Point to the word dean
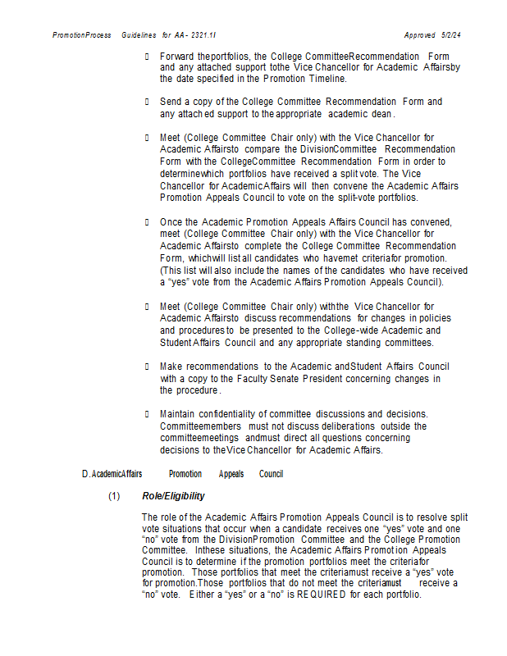(x=381, y=114)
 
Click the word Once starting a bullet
(x=171, y=222)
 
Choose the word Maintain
(x=179, y=413)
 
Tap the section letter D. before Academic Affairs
(x=86, y=474)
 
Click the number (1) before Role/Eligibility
(x=114, y=496)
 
